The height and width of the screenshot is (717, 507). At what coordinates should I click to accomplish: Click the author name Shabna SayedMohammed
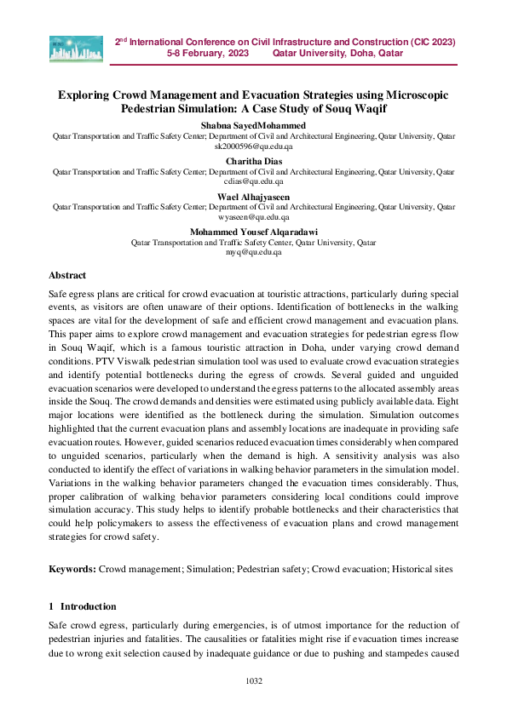(253, 125)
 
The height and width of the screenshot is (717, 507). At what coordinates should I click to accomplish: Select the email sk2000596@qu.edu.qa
(253, 146)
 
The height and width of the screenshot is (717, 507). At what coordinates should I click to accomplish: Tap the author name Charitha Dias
(253, 161)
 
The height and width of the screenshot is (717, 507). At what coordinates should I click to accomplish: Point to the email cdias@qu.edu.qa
(253, 181)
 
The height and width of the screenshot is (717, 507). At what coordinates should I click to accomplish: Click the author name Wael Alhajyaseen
(253, 197)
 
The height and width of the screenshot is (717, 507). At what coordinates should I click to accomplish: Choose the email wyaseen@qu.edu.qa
(253, 217)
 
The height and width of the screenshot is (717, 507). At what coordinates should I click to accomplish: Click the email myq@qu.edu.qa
(253, 253)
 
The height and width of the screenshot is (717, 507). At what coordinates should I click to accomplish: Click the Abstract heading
(67, 276)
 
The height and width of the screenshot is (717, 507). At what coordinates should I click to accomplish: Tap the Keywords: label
(72, 566)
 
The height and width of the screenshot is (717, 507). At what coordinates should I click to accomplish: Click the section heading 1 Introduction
(83, 606)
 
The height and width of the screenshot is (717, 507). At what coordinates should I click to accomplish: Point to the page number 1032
(253, 681)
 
